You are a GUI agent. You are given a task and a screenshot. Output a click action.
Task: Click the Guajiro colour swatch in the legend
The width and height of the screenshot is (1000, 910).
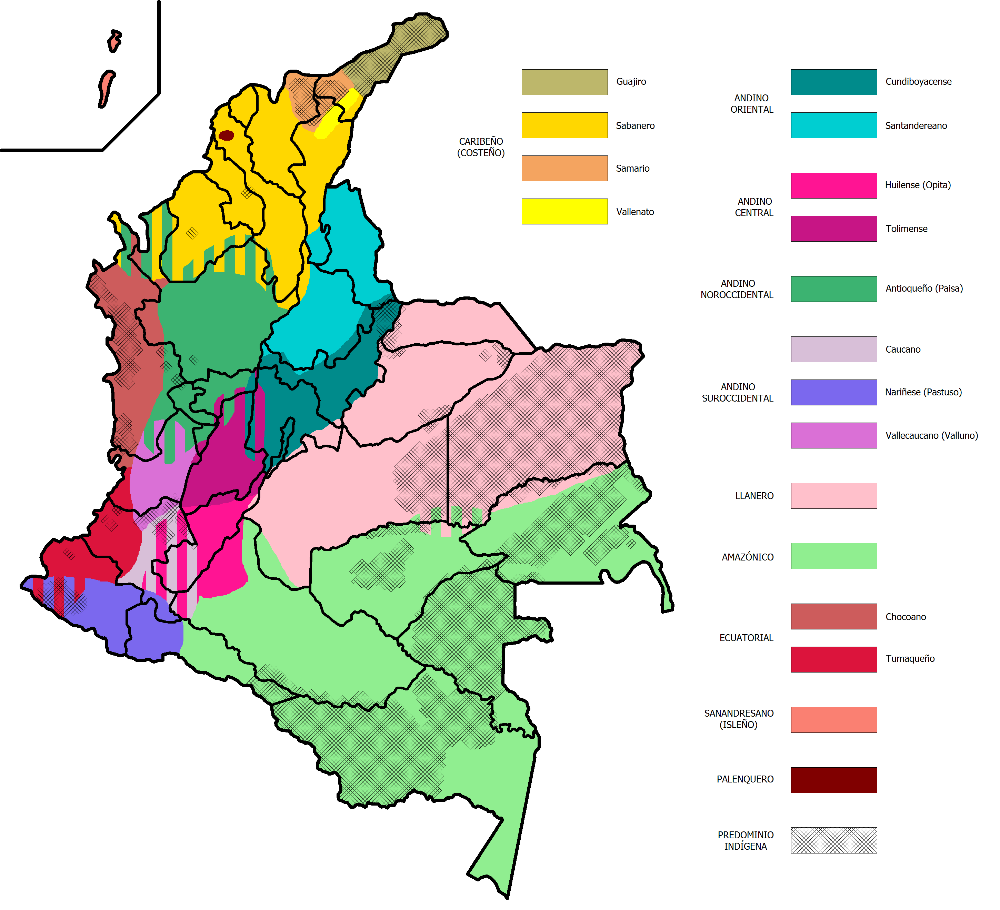564,82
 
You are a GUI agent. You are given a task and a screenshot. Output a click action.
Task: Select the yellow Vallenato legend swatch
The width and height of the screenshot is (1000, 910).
564,211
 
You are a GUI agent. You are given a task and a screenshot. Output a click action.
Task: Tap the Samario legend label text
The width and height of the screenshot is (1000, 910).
632,169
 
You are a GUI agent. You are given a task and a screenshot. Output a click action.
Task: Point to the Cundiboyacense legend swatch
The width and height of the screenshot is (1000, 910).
834,82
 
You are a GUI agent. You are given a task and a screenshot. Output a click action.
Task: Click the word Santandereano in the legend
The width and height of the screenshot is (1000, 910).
916,126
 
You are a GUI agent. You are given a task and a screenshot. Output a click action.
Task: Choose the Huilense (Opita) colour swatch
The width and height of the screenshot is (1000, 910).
834,185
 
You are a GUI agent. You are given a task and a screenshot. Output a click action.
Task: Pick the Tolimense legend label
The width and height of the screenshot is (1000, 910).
906,229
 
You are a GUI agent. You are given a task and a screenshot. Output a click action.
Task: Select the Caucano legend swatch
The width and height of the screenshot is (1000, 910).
834,349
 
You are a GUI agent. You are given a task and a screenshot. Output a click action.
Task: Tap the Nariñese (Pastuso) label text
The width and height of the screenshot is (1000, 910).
923,392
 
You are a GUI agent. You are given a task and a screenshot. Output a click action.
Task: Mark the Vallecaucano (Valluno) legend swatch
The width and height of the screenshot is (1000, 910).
834,435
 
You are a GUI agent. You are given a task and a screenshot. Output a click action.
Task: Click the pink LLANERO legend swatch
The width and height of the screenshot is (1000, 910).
834,496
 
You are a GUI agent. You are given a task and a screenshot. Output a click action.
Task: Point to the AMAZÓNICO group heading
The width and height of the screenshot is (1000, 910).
748,557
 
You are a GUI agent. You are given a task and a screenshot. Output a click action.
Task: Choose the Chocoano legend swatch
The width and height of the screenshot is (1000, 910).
834,616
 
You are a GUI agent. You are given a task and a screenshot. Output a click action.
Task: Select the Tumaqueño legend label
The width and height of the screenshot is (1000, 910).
910,659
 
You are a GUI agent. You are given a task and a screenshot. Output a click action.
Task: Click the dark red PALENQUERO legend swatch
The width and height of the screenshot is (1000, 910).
834,780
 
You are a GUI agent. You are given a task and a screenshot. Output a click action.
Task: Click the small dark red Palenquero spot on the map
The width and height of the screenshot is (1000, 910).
226,135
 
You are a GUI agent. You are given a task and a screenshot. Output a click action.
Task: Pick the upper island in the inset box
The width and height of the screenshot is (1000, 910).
114,41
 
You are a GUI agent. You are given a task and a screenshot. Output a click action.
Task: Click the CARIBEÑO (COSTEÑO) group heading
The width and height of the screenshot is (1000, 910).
481,147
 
